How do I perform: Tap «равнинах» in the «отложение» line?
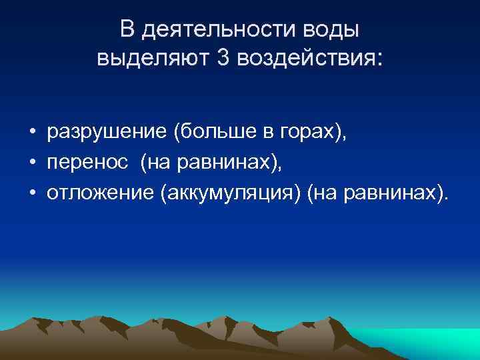coord(396,193)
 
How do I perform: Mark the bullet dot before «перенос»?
coord(31,163)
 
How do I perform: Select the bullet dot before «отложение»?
coord(31,193)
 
